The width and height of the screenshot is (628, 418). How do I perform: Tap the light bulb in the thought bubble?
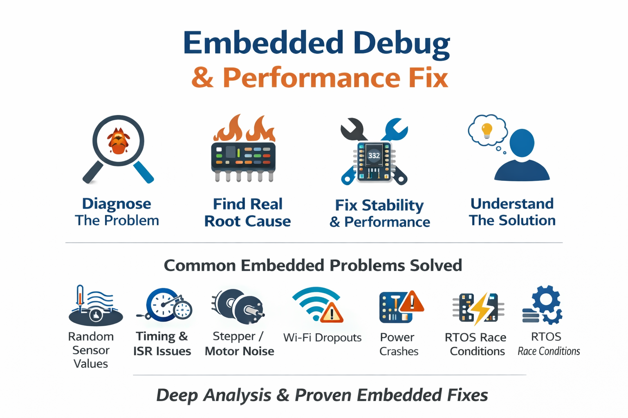[x=487, y=130]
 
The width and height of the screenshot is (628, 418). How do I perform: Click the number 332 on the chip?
[x=374, y=156]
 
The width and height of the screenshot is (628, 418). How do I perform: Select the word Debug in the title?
[x=401, y=43]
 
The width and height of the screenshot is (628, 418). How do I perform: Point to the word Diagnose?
[x=117, y=203]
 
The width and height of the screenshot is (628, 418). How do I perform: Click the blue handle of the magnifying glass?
[x=144, y=172]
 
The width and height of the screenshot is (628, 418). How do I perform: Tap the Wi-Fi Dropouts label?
[x=322, y=338]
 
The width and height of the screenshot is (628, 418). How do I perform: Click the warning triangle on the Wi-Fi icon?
[x=332, y=313]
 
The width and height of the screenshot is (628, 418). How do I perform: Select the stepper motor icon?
[x=239, y=306]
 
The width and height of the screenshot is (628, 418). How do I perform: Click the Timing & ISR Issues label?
[x=162, y=344]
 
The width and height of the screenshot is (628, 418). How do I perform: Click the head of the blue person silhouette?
[x=522, y=143]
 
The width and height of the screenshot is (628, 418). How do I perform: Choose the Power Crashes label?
[x=399, y=344]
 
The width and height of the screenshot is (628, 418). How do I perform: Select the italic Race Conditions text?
[x=549, y=351]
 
